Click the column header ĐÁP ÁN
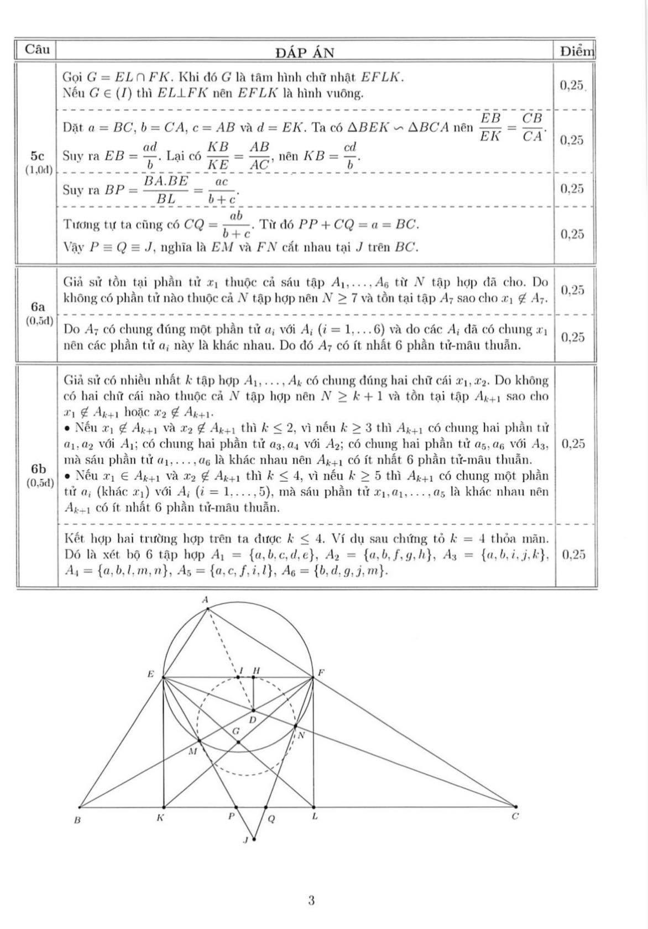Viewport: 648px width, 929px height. click(304, 53)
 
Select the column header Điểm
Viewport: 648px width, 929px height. click(576, 52)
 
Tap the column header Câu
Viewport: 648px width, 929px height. click(36, 49)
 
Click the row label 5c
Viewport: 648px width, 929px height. click(37, 155)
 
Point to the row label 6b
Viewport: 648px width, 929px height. click(38, 468)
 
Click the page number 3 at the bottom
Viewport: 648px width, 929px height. click(311, 901)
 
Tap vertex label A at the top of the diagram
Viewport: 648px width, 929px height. click(205, 600)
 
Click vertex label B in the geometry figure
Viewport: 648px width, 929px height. click(77, 821)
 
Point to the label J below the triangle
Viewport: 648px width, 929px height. click(246, 840)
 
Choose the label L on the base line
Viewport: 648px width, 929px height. click(314, 817)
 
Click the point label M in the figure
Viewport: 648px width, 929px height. click(192, 751)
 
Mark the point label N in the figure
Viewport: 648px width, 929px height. click(301, 736)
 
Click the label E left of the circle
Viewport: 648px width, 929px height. click(150, 674)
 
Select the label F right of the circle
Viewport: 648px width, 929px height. click(321, 673)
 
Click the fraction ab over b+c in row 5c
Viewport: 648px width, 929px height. click(238, 225)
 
